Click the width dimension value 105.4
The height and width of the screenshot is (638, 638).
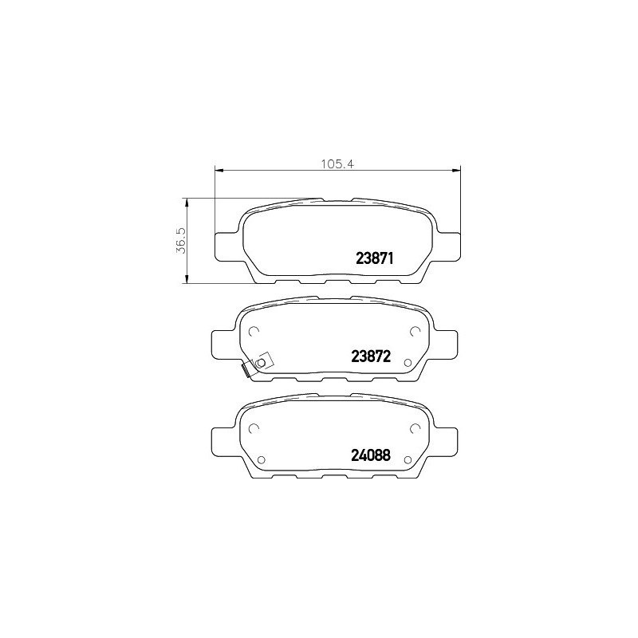(x=338, y=164)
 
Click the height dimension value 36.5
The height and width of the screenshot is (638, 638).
(x=181, y=241)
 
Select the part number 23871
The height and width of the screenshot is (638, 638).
(x=374, y=258)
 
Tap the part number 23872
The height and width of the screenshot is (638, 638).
(x=371, y=356)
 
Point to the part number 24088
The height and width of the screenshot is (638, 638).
(x=371, y=455)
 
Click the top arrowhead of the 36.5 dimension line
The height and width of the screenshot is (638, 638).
(x=187, y=203)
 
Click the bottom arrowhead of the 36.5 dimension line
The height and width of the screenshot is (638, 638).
(x=187, y=278)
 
